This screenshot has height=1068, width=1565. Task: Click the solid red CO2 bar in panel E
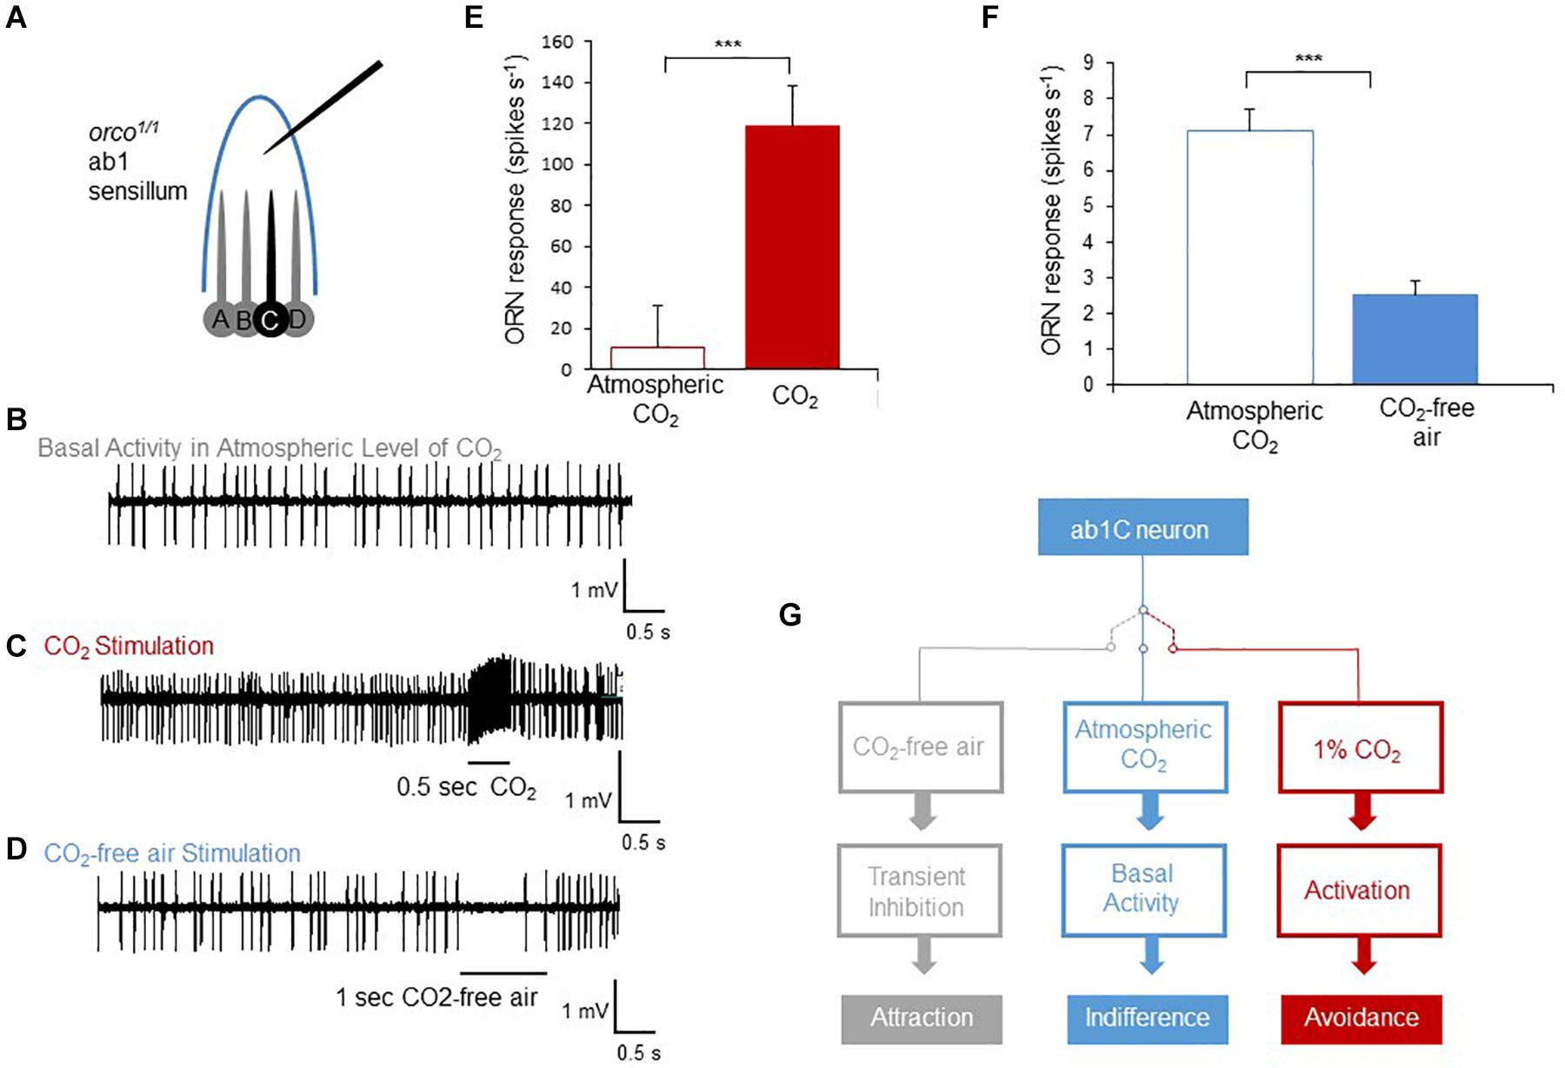click(792, 248)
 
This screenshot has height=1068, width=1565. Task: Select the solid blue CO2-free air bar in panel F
click(1415, 340)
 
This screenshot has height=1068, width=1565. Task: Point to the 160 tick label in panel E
click(557, 42)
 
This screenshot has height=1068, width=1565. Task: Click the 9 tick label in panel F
click(1088, 62)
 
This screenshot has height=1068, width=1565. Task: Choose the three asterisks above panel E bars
click(728, 44)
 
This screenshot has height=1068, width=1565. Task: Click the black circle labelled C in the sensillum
click(270, 321)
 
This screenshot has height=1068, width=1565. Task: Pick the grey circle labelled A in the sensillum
click(221, 320)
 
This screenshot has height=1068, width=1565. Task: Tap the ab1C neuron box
click(1142, 527)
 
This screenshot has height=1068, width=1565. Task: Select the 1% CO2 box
click(1360, 748)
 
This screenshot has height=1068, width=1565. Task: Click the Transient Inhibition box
click(919, 891)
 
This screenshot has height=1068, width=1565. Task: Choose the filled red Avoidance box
click(1361, 1018)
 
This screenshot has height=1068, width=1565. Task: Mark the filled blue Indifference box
click(1147, 1018)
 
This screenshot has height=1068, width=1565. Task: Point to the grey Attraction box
click(922, 1018)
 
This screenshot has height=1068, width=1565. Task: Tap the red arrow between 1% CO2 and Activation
click(1361, 813)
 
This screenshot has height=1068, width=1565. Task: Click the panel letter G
click(789, 615)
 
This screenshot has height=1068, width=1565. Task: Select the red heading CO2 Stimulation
click(129, 647)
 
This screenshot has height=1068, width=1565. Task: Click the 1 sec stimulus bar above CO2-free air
click(503, 973)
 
